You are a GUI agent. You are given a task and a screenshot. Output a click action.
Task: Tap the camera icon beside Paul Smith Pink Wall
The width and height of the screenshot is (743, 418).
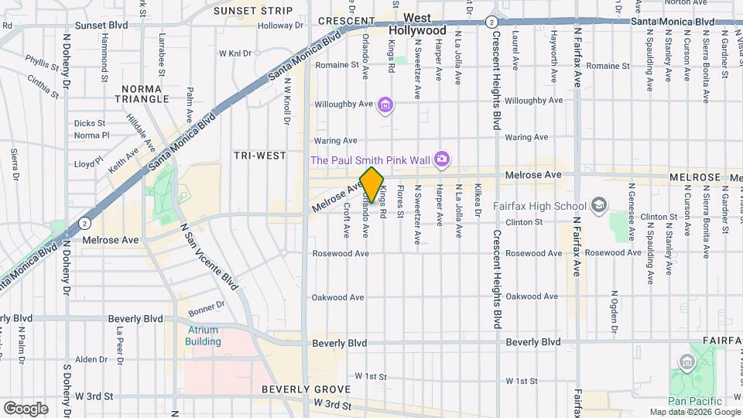tap(441, 159)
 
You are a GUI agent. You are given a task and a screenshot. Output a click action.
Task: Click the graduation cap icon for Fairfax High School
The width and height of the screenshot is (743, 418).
tap(598, 205)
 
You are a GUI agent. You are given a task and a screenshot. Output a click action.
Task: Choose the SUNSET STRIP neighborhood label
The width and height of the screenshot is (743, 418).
tap(253, 11)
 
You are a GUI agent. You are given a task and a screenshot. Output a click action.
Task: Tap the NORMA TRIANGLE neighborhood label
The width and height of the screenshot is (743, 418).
tap(142, 93)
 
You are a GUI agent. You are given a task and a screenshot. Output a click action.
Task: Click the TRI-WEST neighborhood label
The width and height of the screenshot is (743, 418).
tap(259, 156)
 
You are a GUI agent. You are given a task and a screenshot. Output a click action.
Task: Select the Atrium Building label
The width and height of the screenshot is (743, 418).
tap(204, 335)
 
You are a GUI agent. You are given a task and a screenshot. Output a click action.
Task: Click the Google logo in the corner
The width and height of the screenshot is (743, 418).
tap(26, 408)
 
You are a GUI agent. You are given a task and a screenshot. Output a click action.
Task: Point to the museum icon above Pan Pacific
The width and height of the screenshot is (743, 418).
tap(686, 362)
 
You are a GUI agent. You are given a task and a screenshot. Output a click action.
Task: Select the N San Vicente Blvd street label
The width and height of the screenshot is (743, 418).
tap(208, 258)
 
